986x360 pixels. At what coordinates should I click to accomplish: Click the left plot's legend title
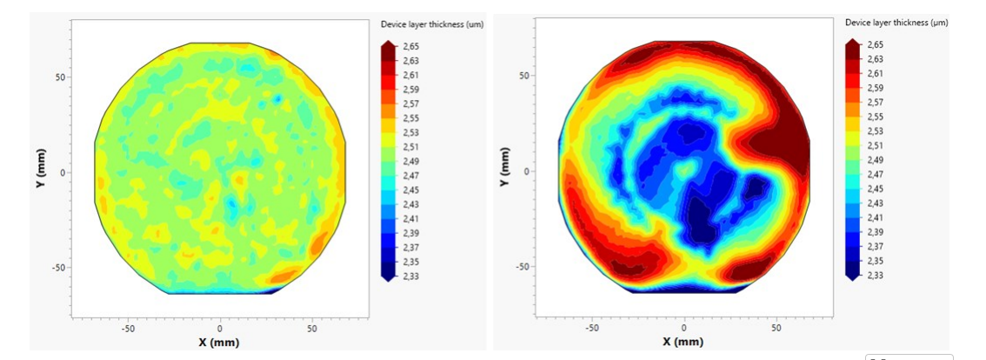(x=432, y=24)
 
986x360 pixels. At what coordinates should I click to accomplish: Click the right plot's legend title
(x=896, y=23)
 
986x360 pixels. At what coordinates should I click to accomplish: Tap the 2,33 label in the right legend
(x=875, y=275)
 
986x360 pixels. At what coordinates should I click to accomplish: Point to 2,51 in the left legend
(x=411, y=147)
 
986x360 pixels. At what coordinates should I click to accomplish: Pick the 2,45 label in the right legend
(x=875, y=189)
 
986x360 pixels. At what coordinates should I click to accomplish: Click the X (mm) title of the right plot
(x=683, y=342)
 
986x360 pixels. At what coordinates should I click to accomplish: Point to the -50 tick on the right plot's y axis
(x=523, y=266)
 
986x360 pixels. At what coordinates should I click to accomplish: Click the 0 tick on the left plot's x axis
(x=219, y=329)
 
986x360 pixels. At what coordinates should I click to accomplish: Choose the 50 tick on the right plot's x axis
(x=776, y=328)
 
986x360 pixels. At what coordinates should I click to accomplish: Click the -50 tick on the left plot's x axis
(x=128, y=329)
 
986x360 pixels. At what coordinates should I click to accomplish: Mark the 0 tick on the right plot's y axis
(x=528, y=171)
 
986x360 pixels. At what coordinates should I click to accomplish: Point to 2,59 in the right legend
(x=875, y=89)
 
